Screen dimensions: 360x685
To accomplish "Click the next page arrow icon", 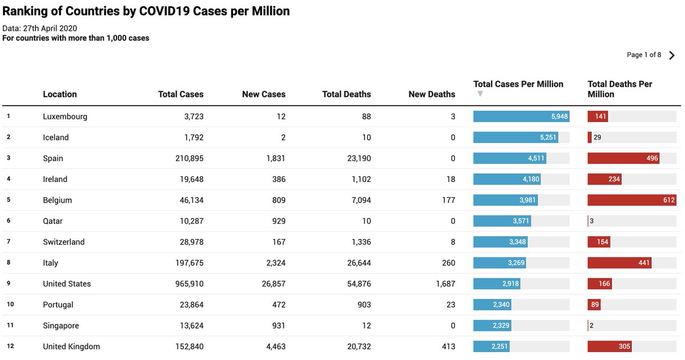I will coord(672,55).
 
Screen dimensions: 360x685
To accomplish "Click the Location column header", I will coord(59,94).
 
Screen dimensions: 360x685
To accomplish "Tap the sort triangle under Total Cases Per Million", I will coord(480,94).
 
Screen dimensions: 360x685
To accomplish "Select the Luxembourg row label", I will coord(65,116).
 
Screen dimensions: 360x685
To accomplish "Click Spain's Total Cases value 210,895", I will coord(189,158).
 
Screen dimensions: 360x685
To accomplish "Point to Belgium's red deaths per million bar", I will coord(632,200).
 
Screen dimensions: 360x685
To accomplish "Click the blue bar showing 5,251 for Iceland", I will coord(515,137).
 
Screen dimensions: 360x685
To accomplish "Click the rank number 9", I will coord(9,284).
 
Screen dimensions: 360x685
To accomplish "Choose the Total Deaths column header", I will coord(346,94).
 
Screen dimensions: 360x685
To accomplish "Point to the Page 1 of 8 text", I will coord(644,55).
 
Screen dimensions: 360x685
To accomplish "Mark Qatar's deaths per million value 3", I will coord(591,221).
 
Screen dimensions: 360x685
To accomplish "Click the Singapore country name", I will coord(61,326).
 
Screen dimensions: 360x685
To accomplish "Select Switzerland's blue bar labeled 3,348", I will coord(500,242).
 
